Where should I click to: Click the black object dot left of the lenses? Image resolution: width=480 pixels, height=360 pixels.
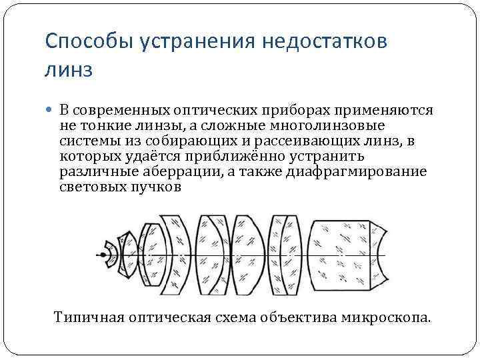(103, 254)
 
